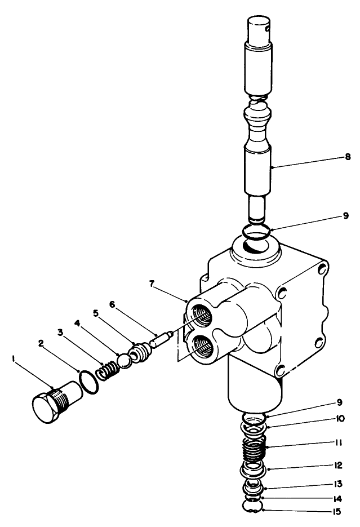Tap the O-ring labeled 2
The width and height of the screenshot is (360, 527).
(86, 381)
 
